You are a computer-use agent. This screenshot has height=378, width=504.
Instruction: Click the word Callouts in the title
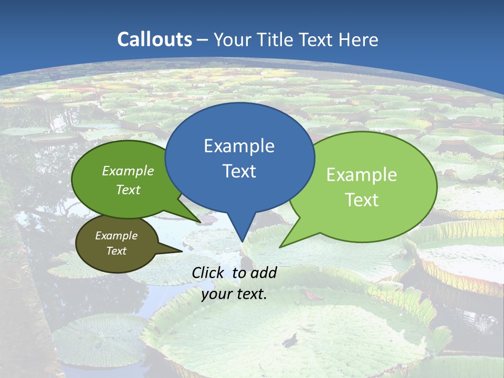(154, 39)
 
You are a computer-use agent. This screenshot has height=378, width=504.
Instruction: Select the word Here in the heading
(360, 39)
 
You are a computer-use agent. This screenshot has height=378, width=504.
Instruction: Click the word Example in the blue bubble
(239, 146)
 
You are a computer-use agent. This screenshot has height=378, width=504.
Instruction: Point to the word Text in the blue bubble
(239, 171)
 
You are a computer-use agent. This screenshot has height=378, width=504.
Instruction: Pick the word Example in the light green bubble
(362, 175)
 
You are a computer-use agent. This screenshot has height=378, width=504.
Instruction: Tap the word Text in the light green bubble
(362, 200)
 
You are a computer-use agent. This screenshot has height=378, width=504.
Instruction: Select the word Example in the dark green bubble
(128, 171)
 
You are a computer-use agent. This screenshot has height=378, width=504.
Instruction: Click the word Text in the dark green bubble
(128, 190)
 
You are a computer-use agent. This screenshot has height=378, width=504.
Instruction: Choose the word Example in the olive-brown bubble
(117, 236)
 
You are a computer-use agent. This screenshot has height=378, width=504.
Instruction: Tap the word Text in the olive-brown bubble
(117, 251)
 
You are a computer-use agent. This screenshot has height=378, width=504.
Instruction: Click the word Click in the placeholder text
(208, 272)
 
